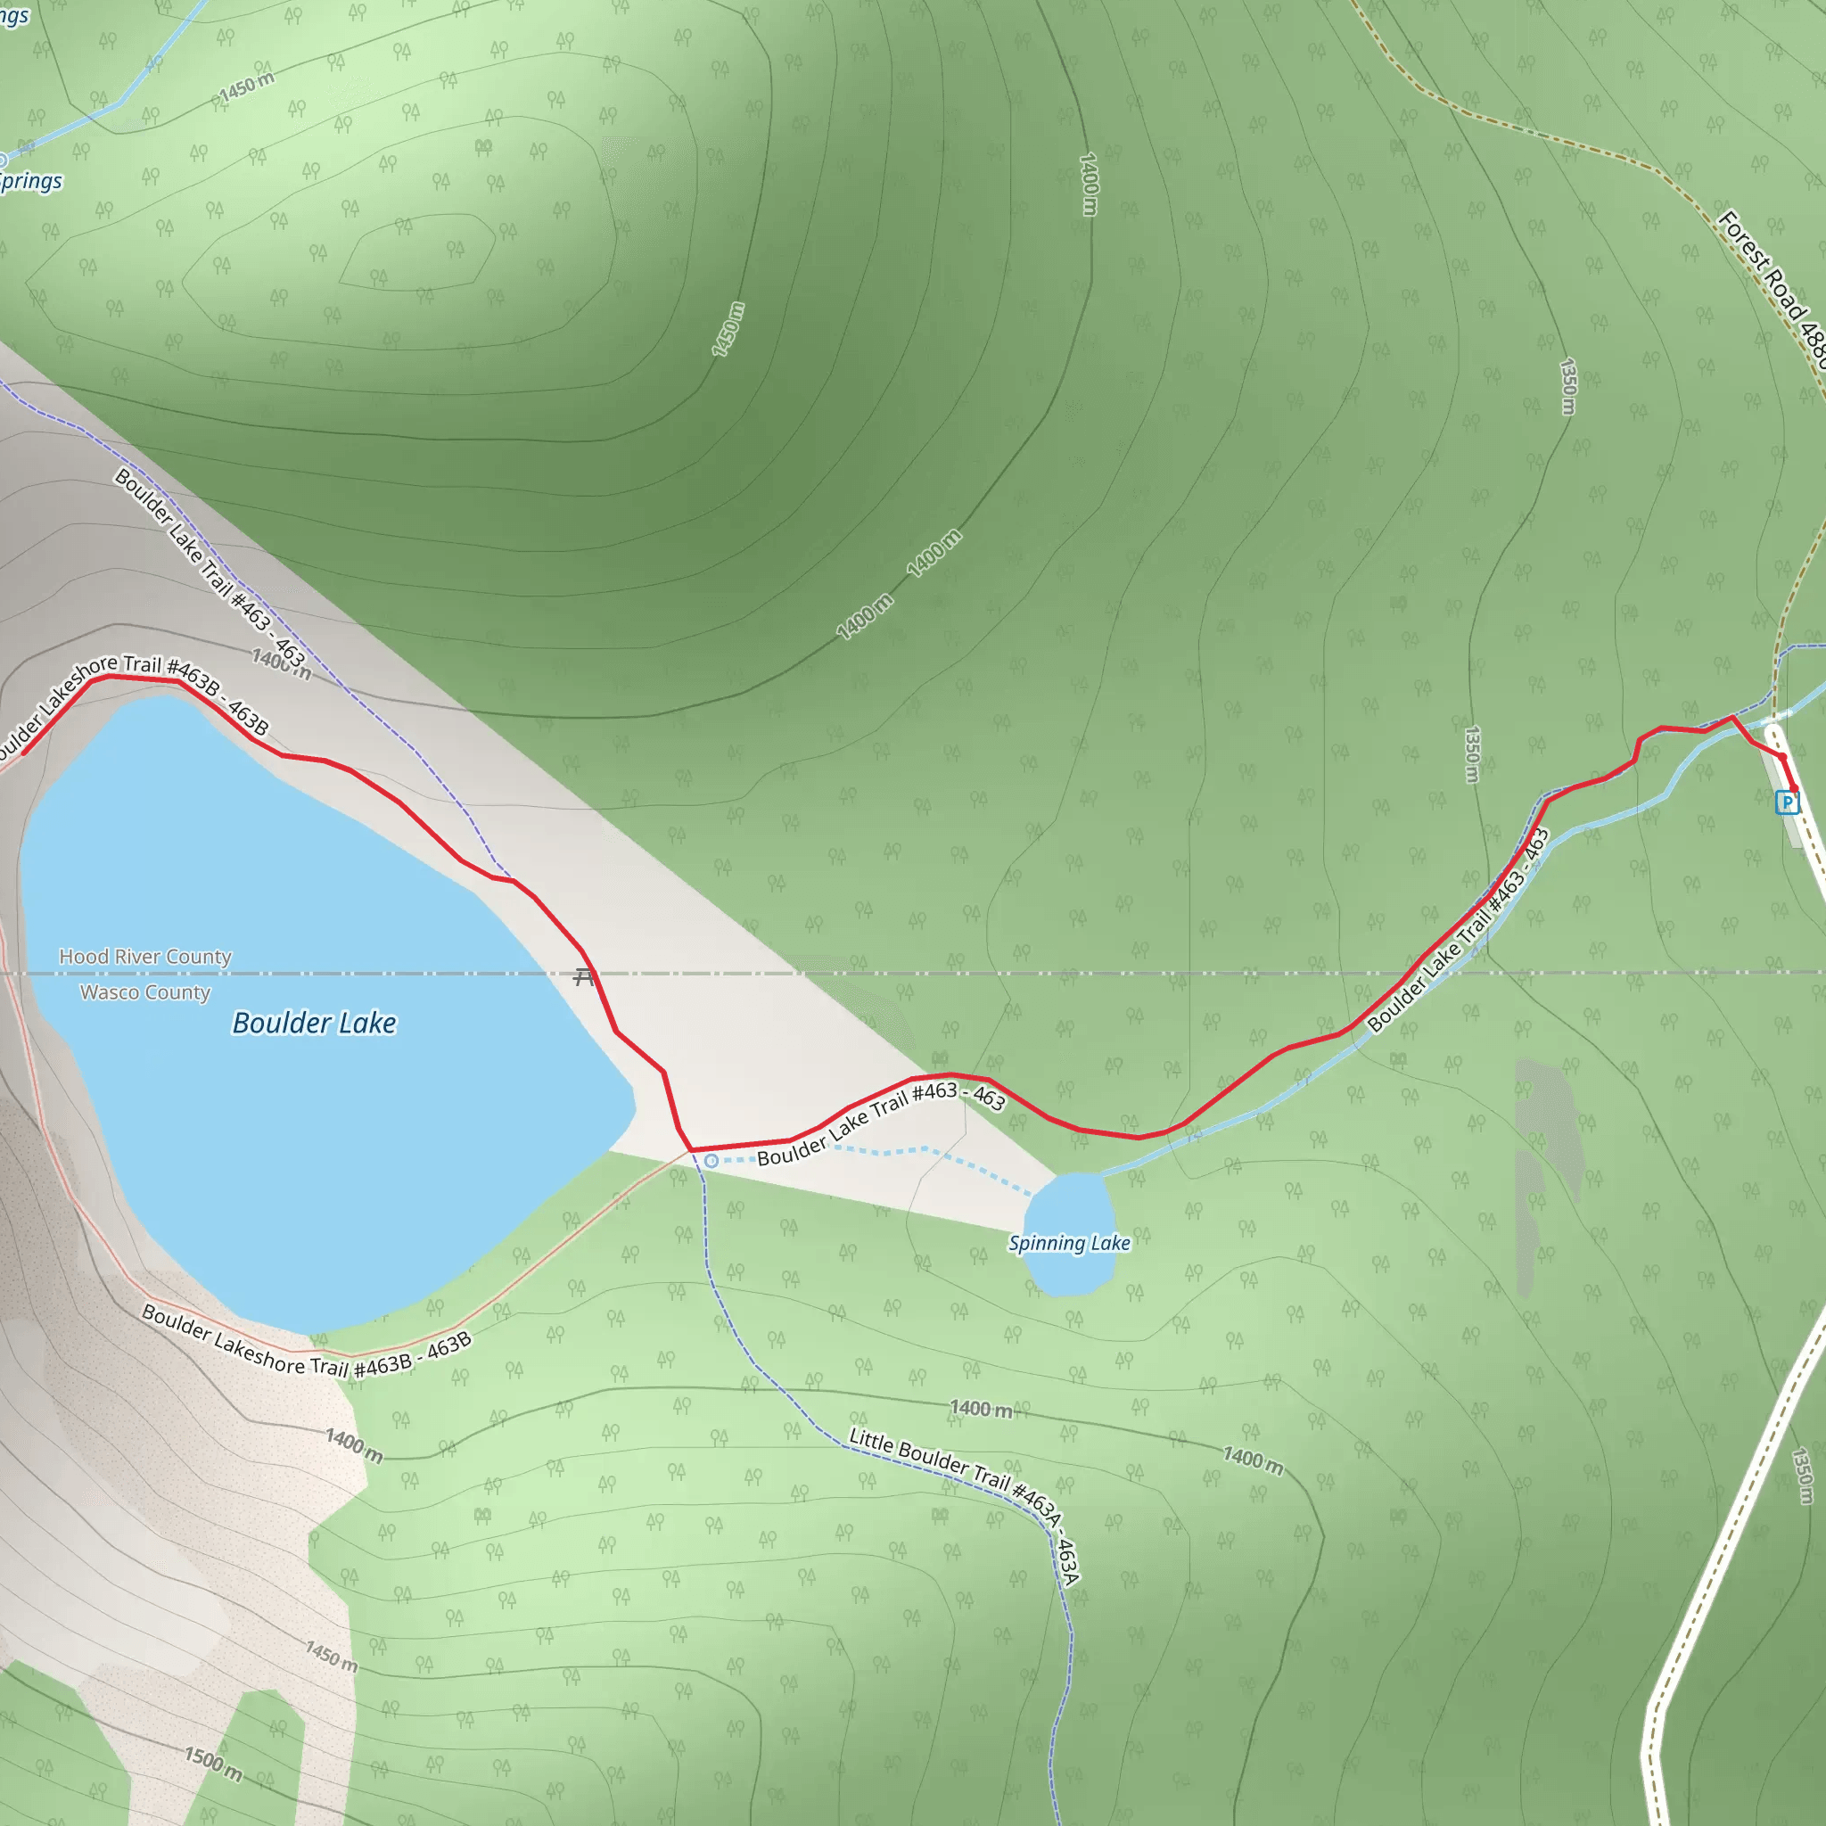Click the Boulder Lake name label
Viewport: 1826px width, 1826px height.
314,1023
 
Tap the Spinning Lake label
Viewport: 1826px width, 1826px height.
1069,1243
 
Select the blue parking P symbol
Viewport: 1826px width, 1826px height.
1786,803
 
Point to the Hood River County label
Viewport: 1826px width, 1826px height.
144,957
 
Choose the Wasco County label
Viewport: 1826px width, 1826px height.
144,992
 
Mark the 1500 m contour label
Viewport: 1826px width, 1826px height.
213,1763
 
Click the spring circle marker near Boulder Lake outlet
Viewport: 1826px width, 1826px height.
711,1161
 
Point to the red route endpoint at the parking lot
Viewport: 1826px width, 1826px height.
1793,789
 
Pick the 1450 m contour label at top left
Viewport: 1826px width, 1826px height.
247,87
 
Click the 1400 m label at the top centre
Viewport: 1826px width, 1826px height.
1089,185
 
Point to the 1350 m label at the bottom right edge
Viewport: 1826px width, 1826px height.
1802,1476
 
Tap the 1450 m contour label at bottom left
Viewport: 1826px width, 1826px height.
332,1656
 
